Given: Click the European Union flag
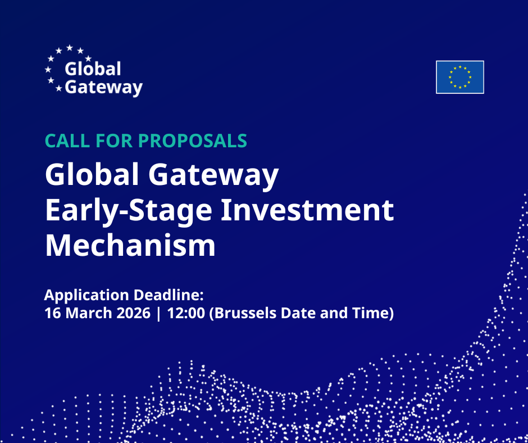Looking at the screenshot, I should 459,77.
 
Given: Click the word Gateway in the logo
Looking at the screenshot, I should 103,88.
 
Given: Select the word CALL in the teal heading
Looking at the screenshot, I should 66,141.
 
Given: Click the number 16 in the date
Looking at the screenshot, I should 52,313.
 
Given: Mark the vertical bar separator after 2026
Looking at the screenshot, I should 159,313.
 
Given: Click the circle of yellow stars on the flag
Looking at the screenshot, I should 459,77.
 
